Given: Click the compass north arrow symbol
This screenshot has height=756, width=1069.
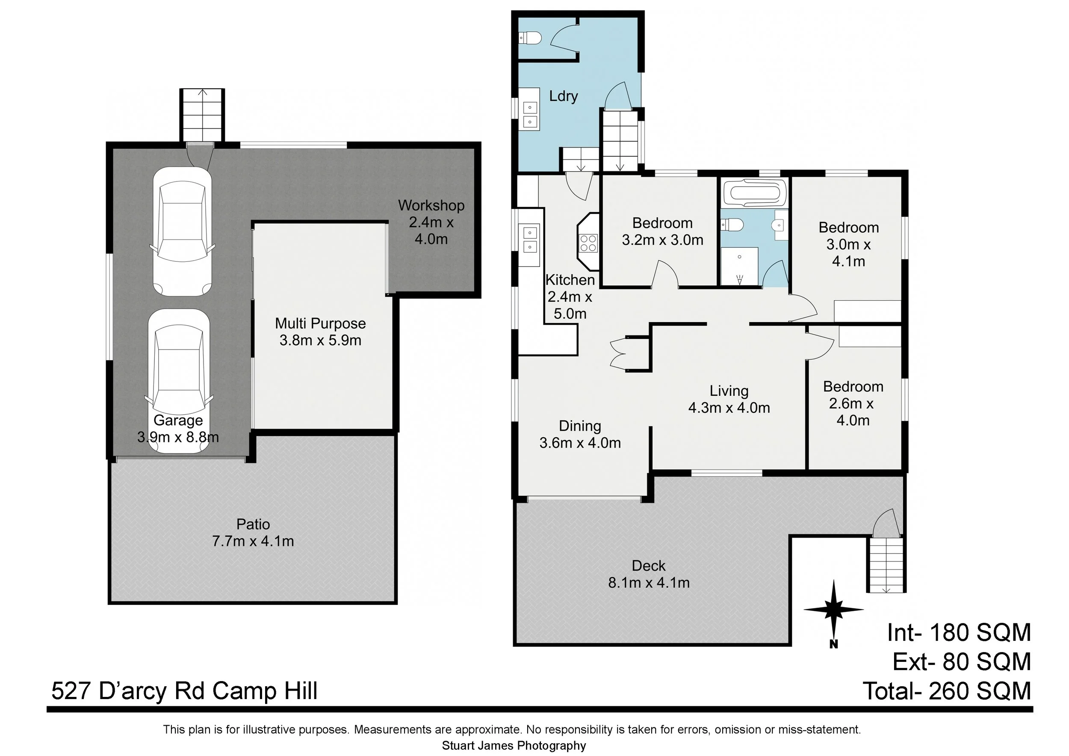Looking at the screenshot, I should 833,609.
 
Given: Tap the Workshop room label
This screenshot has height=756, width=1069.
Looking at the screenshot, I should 431,222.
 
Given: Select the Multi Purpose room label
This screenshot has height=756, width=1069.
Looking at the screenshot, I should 320,332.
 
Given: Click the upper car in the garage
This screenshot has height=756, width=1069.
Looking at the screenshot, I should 182,231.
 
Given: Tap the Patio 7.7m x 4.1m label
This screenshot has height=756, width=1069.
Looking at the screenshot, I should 253,532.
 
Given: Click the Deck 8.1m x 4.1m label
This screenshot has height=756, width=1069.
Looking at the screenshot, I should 649,574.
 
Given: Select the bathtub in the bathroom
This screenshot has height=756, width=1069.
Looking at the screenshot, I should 755,193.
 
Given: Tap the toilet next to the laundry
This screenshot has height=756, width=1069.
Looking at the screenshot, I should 531,38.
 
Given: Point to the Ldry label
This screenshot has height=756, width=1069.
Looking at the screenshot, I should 564,96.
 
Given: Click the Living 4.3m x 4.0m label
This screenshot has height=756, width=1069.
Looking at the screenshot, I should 729,399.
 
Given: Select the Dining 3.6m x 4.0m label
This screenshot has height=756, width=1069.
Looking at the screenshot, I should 580,434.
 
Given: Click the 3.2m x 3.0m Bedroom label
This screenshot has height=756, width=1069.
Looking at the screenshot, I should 662,231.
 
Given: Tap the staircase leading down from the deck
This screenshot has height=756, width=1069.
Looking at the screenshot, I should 886,565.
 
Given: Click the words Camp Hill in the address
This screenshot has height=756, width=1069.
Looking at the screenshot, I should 266,691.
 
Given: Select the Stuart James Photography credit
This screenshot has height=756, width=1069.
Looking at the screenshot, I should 514,746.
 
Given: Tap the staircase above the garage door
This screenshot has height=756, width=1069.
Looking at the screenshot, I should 202,115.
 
